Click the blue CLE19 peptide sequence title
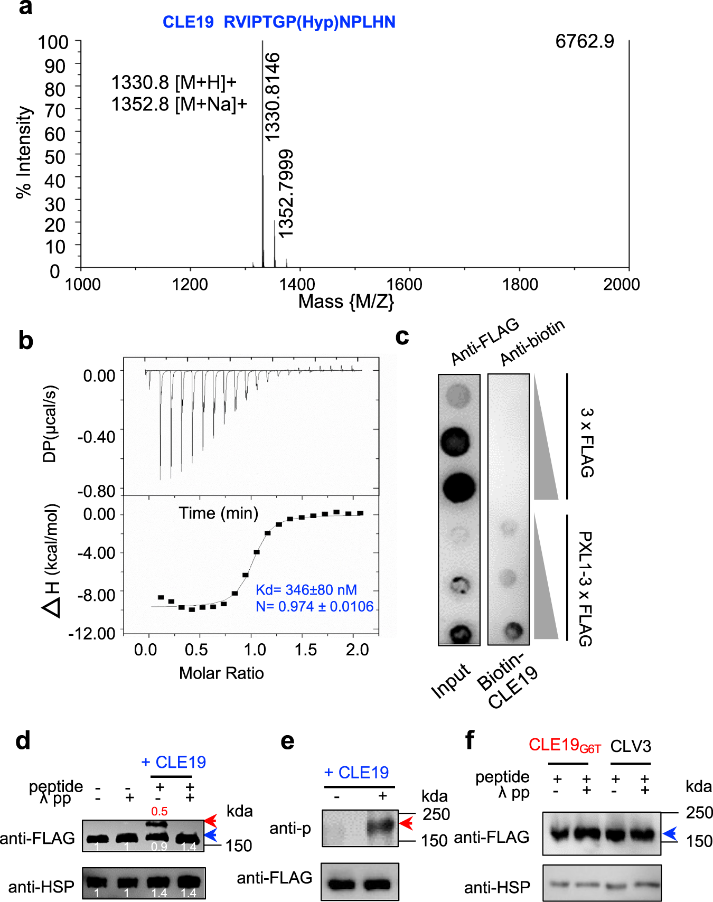pos(279,22)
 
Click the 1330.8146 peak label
pos(273,97)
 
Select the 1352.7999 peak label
pos(286,193)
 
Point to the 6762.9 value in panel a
pos(585,41)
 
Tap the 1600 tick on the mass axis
pos(404,285)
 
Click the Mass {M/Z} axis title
pos(346,302)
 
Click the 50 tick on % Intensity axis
pos(55,157)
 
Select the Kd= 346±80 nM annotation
pos(306,590)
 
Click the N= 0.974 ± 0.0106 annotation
pos(314,606)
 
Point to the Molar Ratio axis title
pos(221,673)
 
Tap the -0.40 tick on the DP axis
pos(97,437)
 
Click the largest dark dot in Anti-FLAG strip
pos(458,487)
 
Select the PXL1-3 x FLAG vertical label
pos(585,588)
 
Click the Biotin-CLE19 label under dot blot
pos(508,681)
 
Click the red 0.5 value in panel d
pos(159,811)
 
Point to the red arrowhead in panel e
pos(406,823)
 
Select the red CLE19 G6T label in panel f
pos(565,745)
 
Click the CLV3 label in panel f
pos(631,746)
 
